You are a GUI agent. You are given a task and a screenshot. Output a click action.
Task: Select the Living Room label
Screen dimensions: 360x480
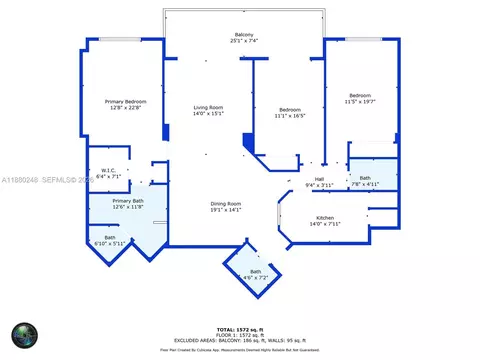208,107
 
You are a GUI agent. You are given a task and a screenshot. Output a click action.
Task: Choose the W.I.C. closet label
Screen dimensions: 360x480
109,169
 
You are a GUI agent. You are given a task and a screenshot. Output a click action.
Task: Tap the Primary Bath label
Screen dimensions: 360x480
127,201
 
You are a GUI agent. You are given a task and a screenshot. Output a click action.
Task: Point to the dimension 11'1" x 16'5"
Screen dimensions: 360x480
289,115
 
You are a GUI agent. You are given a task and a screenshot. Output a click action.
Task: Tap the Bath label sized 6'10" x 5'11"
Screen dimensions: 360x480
110,237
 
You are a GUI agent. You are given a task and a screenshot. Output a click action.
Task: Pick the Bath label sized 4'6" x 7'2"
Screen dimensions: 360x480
256,272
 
